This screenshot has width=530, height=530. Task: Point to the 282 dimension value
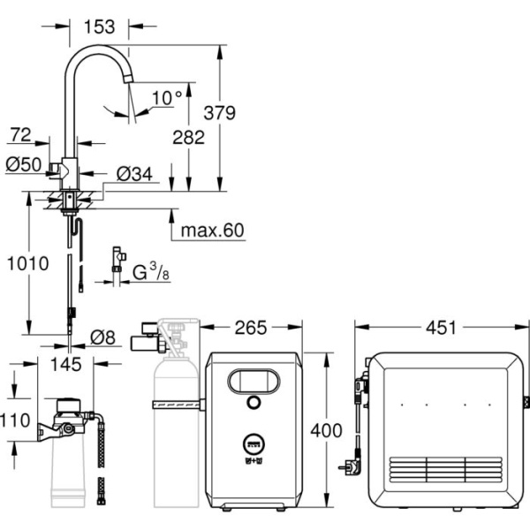pyautogui.click(x=188, y=137)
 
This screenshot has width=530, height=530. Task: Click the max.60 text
pyautogui.click(x=211, y=231)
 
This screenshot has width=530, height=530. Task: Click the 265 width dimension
pyautogui.click(x=251, y=329)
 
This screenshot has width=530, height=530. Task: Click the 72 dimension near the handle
pyautogui.click(x=20, y=135)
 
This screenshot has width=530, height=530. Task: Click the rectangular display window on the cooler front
pyautogui.click(x=254, y=382)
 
